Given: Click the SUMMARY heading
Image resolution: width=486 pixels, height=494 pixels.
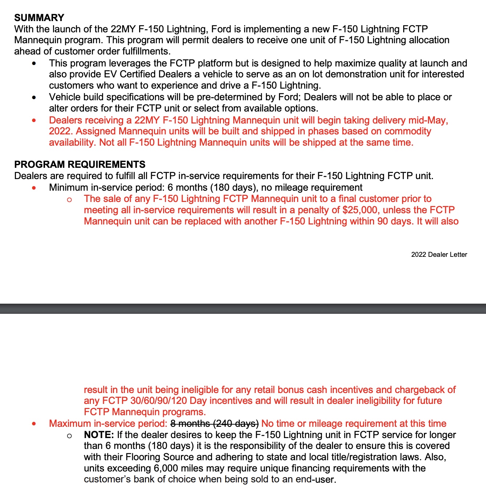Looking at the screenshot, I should [x=39, y=18].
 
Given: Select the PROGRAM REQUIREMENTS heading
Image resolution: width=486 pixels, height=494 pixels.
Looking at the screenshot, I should [x=80, y=165].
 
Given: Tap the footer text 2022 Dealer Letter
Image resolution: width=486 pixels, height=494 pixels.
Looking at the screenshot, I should [x=439, y=255].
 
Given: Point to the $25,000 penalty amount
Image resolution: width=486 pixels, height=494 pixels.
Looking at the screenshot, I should [x=360, y=210].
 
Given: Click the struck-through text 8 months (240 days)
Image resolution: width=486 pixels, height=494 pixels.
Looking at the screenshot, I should [x=214, y=424].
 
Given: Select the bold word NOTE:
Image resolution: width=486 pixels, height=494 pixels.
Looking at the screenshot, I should [x=99, y=435].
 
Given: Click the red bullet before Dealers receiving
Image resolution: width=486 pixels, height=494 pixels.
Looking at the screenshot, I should [x=34, y=120].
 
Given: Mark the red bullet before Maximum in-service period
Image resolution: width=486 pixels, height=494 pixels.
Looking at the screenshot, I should [x=34, y=424].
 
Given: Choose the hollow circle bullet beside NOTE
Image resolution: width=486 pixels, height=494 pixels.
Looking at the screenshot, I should [x=69, y=436].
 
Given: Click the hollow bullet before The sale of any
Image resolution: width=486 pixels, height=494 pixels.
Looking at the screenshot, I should [x=69, y=199].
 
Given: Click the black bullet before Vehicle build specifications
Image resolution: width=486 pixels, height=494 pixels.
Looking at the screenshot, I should [x=34, y=97].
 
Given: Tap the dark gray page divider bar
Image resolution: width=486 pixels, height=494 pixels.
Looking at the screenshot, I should [x=243, y=308].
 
